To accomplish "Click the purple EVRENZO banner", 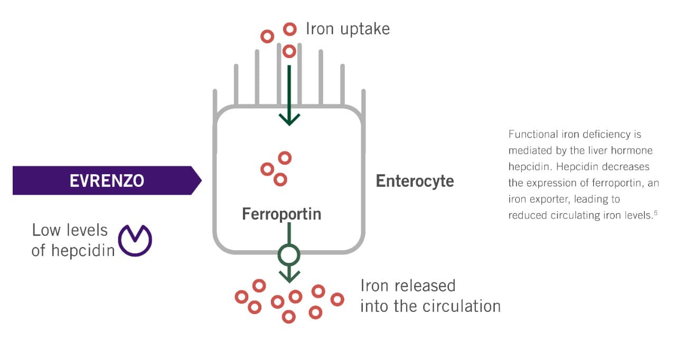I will tap(106, 181).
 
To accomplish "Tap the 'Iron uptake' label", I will tap(348, 29).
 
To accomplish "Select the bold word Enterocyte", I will tap(415, 181).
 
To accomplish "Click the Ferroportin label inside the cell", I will tap(281, 214).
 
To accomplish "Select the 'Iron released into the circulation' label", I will tap(430, 296).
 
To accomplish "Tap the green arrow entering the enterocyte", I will tap(289, 95).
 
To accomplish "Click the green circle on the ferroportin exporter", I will tap(289, 255).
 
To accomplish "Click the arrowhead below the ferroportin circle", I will tap(289, 276).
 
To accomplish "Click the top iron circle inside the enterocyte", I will tap(285, 158).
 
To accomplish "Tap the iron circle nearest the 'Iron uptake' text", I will tap(289, 29).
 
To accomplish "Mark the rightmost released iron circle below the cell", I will tap(337, 299).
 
